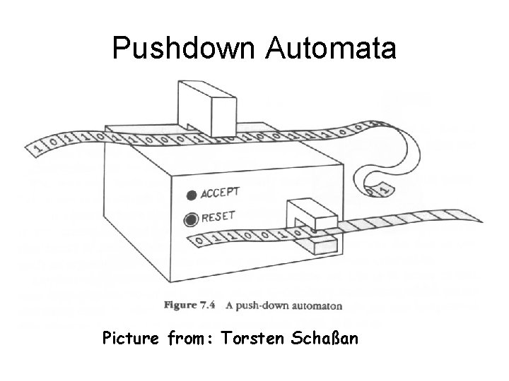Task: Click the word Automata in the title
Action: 331,49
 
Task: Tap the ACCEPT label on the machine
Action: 221,193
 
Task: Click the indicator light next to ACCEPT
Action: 191,195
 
